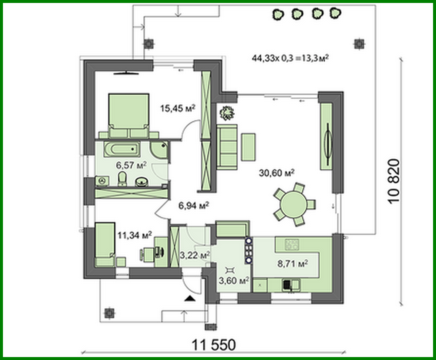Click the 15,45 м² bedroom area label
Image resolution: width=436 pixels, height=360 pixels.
tap(178, 108)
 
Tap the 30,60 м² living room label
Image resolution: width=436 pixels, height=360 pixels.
tap(276, 172)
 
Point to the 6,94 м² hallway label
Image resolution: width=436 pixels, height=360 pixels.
tap(194, 206)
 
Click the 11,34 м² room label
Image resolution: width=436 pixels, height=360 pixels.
tap(134, 235)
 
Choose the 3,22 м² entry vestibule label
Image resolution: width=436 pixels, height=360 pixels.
tap(195, 255)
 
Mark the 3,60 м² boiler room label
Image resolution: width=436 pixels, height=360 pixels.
tap(234, 280)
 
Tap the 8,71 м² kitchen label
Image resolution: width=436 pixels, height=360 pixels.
tap(293, 263)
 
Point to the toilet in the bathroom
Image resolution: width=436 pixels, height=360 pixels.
tap(122, 179)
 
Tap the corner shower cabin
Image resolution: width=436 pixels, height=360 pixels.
tap(160, 150)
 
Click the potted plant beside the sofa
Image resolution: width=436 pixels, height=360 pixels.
tap(227, 113)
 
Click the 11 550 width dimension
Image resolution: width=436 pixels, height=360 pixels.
tap(213, 345)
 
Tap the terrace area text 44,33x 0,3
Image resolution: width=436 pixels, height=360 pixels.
tap(290, 58)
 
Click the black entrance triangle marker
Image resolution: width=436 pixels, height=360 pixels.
tap(189, 298)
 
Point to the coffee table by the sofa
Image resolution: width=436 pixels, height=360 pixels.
tap(248, 147)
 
